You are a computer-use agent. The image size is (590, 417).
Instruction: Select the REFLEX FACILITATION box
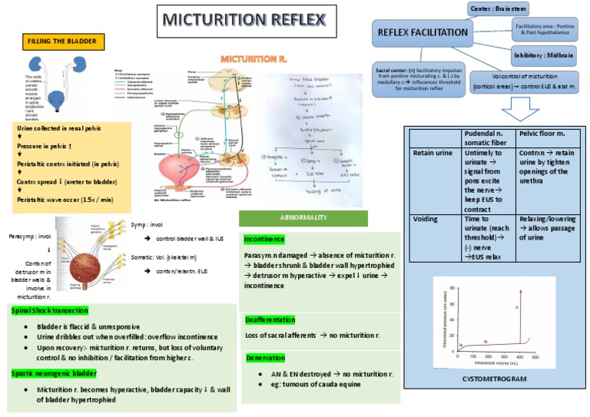pos(422,32)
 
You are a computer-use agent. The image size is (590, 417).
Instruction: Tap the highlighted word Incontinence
pos(264,240)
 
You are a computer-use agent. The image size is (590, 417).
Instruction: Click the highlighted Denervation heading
pos(266,358)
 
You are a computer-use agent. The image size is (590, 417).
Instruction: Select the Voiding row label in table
pos(426,219)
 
